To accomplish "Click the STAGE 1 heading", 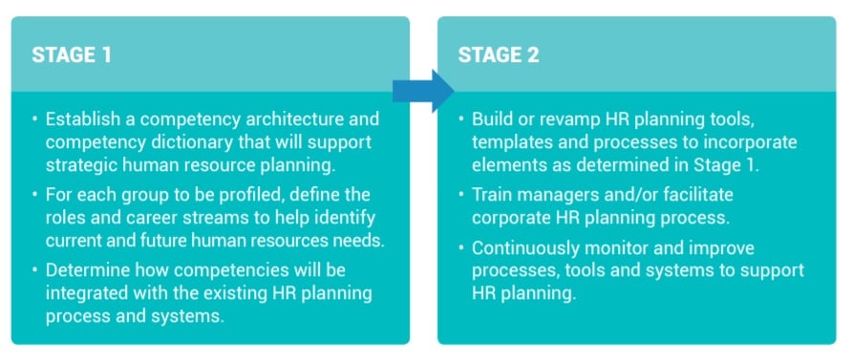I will tap(72, 54).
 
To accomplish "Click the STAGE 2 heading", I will tap(499, 54).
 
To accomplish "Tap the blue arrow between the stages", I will tap(423, 91).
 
